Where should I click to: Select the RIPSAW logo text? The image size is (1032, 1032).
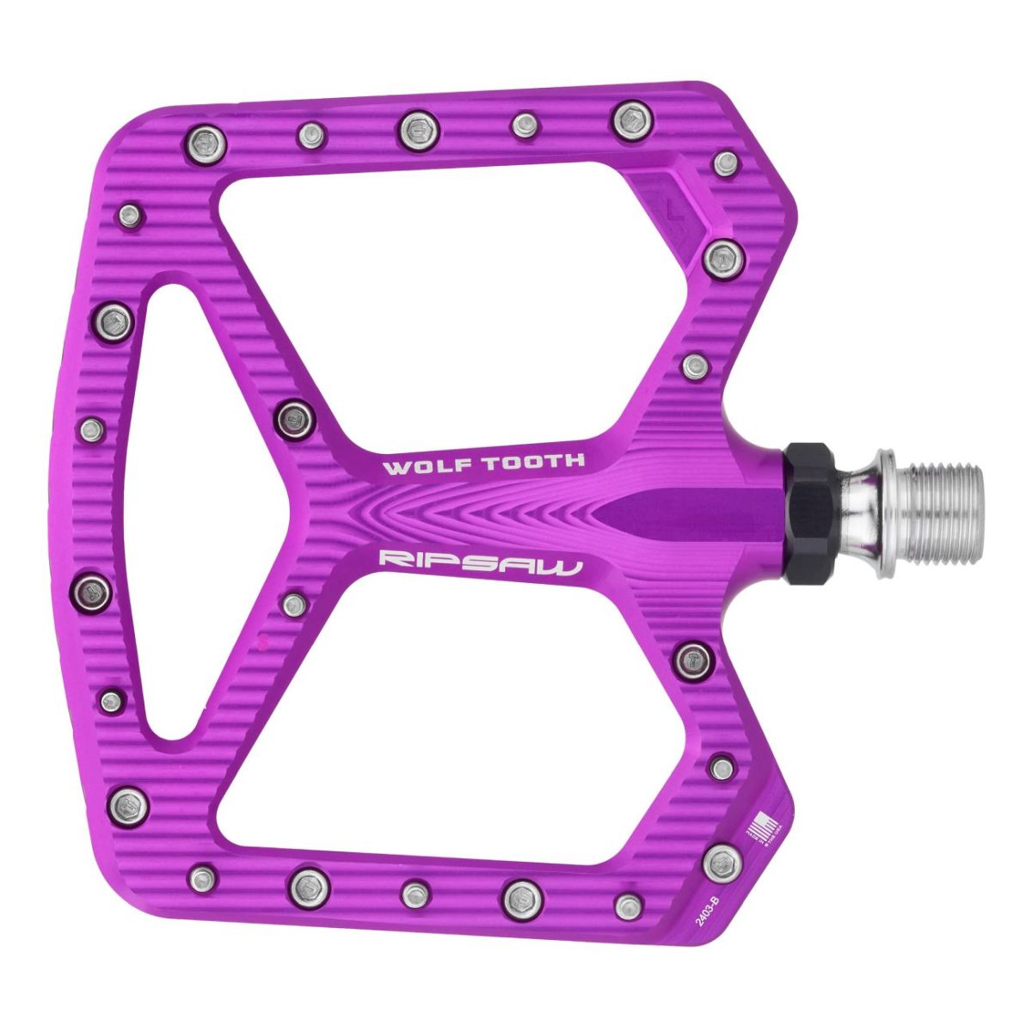[x=481, y=563]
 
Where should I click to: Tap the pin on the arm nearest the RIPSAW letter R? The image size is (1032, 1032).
[x=293, y=603]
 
